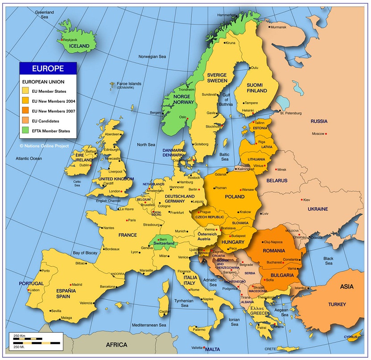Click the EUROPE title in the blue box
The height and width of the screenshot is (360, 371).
(x=48, y=69)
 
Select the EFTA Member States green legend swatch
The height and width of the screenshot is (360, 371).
(x=26, y=131)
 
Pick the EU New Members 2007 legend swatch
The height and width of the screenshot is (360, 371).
(x=26, y=111)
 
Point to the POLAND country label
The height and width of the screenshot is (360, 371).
(x=234, y=197)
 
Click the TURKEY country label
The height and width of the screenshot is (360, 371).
(x=337, y=304)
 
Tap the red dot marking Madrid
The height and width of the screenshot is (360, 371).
(x=70, y=285)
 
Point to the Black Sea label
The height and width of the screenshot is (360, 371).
(x=329, y=261)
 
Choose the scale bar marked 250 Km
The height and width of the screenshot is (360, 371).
(x=28, y=339)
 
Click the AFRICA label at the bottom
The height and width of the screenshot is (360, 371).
(x=116, y=345)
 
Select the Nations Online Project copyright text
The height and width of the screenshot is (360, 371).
(x=44, y=145)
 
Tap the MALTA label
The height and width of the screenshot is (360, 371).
(x=213, y=349)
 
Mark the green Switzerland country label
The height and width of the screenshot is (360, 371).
(x=164, y=244)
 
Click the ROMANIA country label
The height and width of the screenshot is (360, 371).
(x=274, y=251)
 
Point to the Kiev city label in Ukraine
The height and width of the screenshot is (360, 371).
(x=306, y=200)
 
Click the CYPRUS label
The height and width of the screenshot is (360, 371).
(x=351, y=337)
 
